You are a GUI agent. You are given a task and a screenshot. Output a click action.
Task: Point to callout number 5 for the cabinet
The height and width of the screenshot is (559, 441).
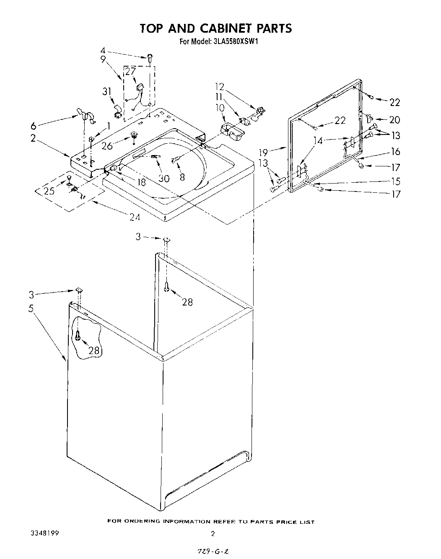[31, 309]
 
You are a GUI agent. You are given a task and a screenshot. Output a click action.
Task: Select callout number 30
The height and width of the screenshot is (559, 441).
[164, 179]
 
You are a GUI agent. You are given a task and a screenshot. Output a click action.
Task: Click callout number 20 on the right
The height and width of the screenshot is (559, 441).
[394, 120]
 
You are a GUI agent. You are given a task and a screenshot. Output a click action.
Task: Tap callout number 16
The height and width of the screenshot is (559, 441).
[395, 152]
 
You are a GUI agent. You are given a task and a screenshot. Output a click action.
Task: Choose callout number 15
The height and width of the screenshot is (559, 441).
[395, 181]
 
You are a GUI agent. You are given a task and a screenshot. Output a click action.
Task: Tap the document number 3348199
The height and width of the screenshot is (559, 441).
[44, 533]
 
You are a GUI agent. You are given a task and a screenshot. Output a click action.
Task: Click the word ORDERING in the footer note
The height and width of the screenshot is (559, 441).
[142, 522]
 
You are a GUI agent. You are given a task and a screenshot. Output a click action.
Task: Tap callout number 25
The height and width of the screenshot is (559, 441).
[49, 191]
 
